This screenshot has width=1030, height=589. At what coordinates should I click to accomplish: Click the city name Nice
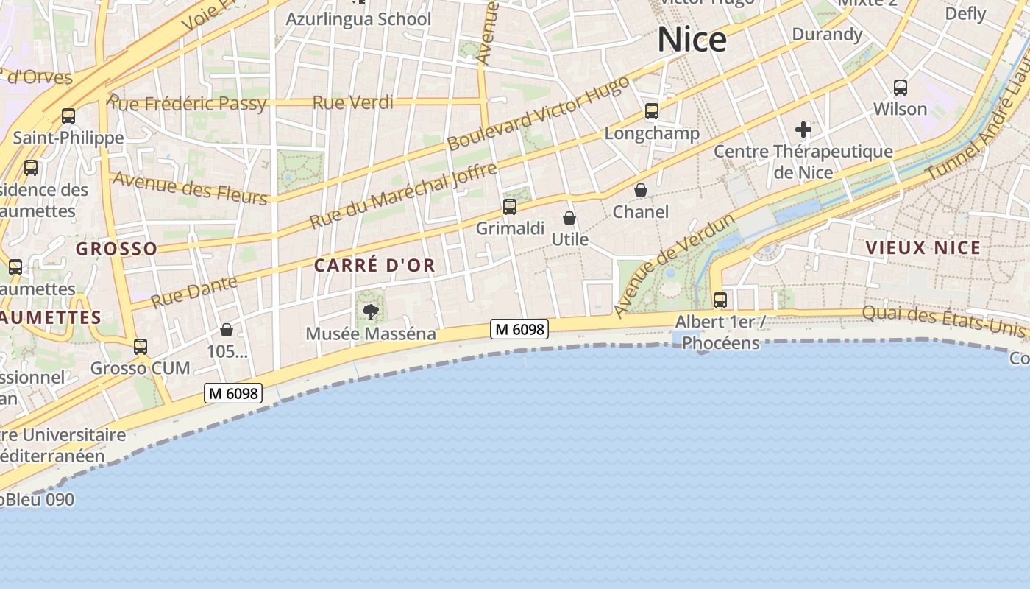pos(692,39)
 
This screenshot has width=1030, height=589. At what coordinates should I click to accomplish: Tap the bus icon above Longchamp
pos(652,111)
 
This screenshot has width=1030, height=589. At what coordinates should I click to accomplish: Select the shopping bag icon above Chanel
pos(641,190)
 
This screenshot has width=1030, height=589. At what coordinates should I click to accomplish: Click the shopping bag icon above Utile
pos(569,218)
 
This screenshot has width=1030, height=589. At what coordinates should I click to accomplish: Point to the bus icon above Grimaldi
pos(510,207)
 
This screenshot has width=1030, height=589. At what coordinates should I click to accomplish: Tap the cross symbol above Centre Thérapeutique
pos(803,130)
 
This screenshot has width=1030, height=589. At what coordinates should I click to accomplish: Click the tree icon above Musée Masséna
pos(371,312)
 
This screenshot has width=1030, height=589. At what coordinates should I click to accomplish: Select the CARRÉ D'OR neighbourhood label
pos(374,266)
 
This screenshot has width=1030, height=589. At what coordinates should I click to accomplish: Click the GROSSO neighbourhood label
pos(116,249)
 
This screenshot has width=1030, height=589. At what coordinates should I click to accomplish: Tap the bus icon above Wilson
pos(901,88)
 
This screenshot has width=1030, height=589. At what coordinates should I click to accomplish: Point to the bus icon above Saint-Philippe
pos(68,116)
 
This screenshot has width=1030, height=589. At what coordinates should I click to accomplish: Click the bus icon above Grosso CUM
pos(141,346)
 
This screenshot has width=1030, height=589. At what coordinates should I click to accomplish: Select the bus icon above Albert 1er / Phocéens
pos(720,300)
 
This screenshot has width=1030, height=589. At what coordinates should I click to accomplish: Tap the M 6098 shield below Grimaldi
pos(520,329)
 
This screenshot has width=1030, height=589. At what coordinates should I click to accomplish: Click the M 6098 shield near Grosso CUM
pos(233,394)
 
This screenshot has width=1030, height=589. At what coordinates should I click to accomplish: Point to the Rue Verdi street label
pos(353,102)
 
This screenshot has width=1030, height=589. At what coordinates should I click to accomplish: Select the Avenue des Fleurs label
pos(190,188)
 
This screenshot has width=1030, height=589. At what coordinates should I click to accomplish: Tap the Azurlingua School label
pos(358,19)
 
